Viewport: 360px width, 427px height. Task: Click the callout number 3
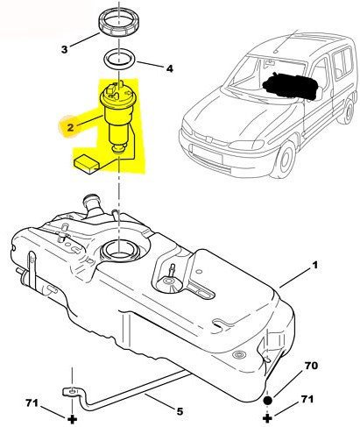pyautogui.click(x=64, y=49)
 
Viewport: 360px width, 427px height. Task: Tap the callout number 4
pyautogui.click(x=170, y=68)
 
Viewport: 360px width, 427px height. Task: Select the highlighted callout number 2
pyautogui.click(x=70, y=127)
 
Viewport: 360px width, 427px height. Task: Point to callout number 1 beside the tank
pyautogui.click(x=314, y=266)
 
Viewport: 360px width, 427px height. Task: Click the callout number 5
pyautogui.click(x=180, y=411)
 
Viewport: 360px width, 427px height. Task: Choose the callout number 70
pyautogui.click(x=311, y=366)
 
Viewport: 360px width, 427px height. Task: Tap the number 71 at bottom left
pyautogui.click(x=32, y=403)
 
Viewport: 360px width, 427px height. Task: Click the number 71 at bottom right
pyautogui.click(x=307, y=399)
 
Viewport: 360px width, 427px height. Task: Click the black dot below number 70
pyautogui.click(x=268, y=401)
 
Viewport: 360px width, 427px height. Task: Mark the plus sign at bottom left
pyautogui.click(x=72, y=420)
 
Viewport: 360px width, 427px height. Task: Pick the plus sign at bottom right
pyautogui.click(x=267, y=418)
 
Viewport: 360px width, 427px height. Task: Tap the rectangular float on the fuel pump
pyautogui.click(x=86, y=166)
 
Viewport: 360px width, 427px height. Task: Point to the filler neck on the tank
pyautogui.click(x=92, y=204)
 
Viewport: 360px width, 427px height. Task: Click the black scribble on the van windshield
pyautogui.click(x=291, y=85)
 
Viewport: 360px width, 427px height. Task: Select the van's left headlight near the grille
pyautogui.click(x=246, y=145)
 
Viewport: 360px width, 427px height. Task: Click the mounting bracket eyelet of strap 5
pyautogui.click(x=72, y=391)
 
